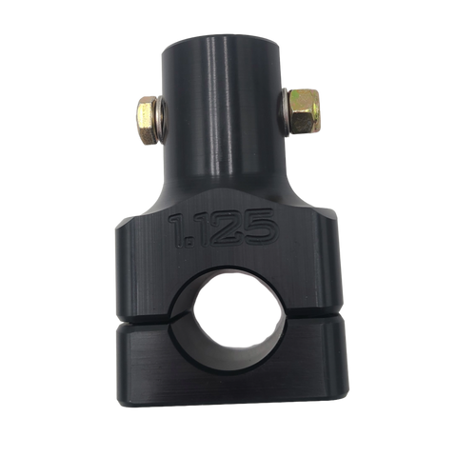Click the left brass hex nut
(x=147, y=120)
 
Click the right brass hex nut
(x=305, y=111)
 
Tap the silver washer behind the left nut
(x=160, y=120)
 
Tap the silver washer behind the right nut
(x=284, y=111)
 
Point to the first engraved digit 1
(x=178, y=230)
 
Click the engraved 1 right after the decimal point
(x=205, y=228)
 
